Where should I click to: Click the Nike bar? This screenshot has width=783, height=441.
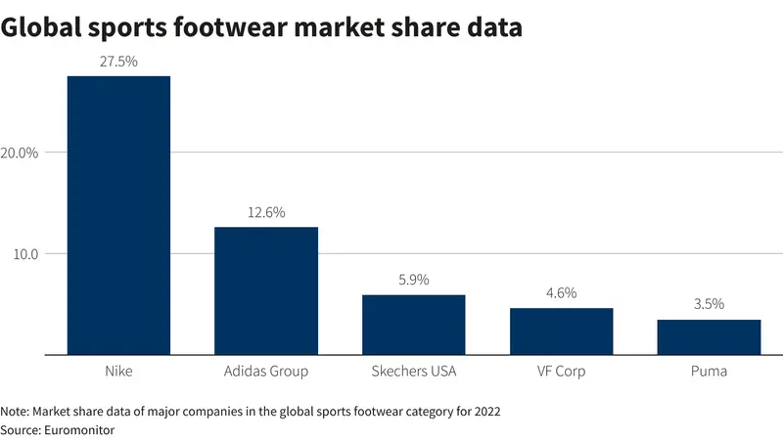[118, 215]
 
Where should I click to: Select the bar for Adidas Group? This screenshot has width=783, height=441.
[266, 290]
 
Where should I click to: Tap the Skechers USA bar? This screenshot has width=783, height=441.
[414, 325]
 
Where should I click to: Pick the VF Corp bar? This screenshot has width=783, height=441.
[562, 331]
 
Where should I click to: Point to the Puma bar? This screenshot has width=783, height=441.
[709, 337]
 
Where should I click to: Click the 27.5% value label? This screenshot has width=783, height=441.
[118, 61]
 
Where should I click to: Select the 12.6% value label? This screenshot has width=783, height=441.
[266, 212]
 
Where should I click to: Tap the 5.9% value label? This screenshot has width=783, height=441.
[414, 280]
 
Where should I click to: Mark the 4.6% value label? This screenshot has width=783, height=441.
[562, 293]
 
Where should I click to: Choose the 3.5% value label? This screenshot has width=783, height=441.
[709, 304]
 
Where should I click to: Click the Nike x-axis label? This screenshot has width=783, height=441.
[118, 372]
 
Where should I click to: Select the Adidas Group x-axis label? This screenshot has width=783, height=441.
[266, 372]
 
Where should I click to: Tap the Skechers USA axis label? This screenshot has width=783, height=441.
[414, 372]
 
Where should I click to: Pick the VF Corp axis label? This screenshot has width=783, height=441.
[562, 372]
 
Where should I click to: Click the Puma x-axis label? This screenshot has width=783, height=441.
[709, 372]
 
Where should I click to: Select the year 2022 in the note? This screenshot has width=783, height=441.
[485, 411]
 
